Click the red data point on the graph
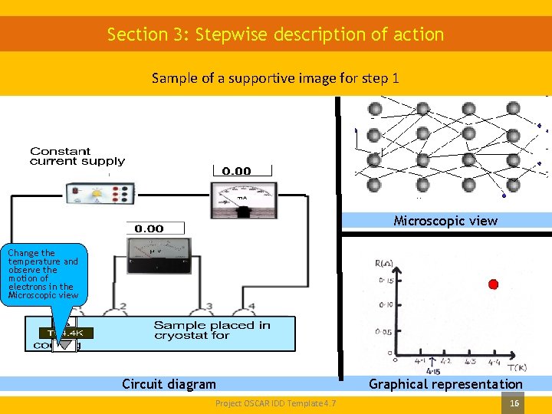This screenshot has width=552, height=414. click(493, 284)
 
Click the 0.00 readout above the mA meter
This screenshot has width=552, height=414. click(236, 171)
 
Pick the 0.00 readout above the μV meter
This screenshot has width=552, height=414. click(149, 228)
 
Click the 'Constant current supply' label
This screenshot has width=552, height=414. click(77, 156)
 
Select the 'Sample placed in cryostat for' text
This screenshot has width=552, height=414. click(212, 330)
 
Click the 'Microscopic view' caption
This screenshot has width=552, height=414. click(445, 221)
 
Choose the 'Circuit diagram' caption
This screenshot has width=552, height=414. click(169, 384)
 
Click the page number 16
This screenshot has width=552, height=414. click(514, 402)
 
